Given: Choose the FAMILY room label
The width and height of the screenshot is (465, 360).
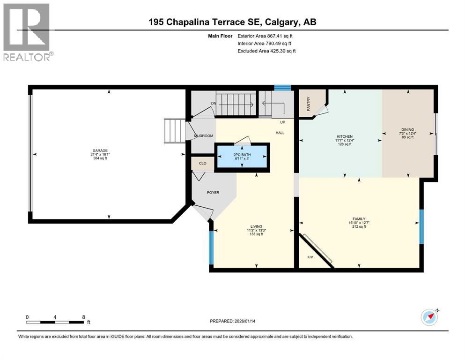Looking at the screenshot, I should click(359, 219).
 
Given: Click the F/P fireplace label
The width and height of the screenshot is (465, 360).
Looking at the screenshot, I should click(310, 257).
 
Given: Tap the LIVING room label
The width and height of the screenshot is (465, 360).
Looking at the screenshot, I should click(256, 226).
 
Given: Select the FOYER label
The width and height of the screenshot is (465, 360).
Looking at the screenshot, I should click(213, 192).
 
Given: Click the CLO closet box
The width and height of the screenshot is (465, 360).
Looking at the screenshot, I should click(203, 164).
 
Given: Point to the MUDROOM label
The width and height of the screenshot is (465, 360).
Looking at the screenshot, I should click(204, 136).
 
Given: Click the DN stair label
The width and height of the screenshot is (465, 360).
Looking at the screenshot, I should click(213, 103).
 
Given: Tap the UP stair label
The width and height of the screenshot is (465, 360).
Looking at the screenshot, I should click(282, 121).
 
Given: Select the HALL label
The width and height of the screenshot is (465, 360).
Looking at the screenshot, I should click(280, 133).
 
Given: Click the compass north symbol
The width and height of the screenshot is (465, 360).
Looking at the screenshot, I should click(429, 317).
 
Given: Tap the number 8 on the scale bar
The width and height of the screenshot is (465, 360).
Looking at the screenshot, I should click(83, 317).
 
